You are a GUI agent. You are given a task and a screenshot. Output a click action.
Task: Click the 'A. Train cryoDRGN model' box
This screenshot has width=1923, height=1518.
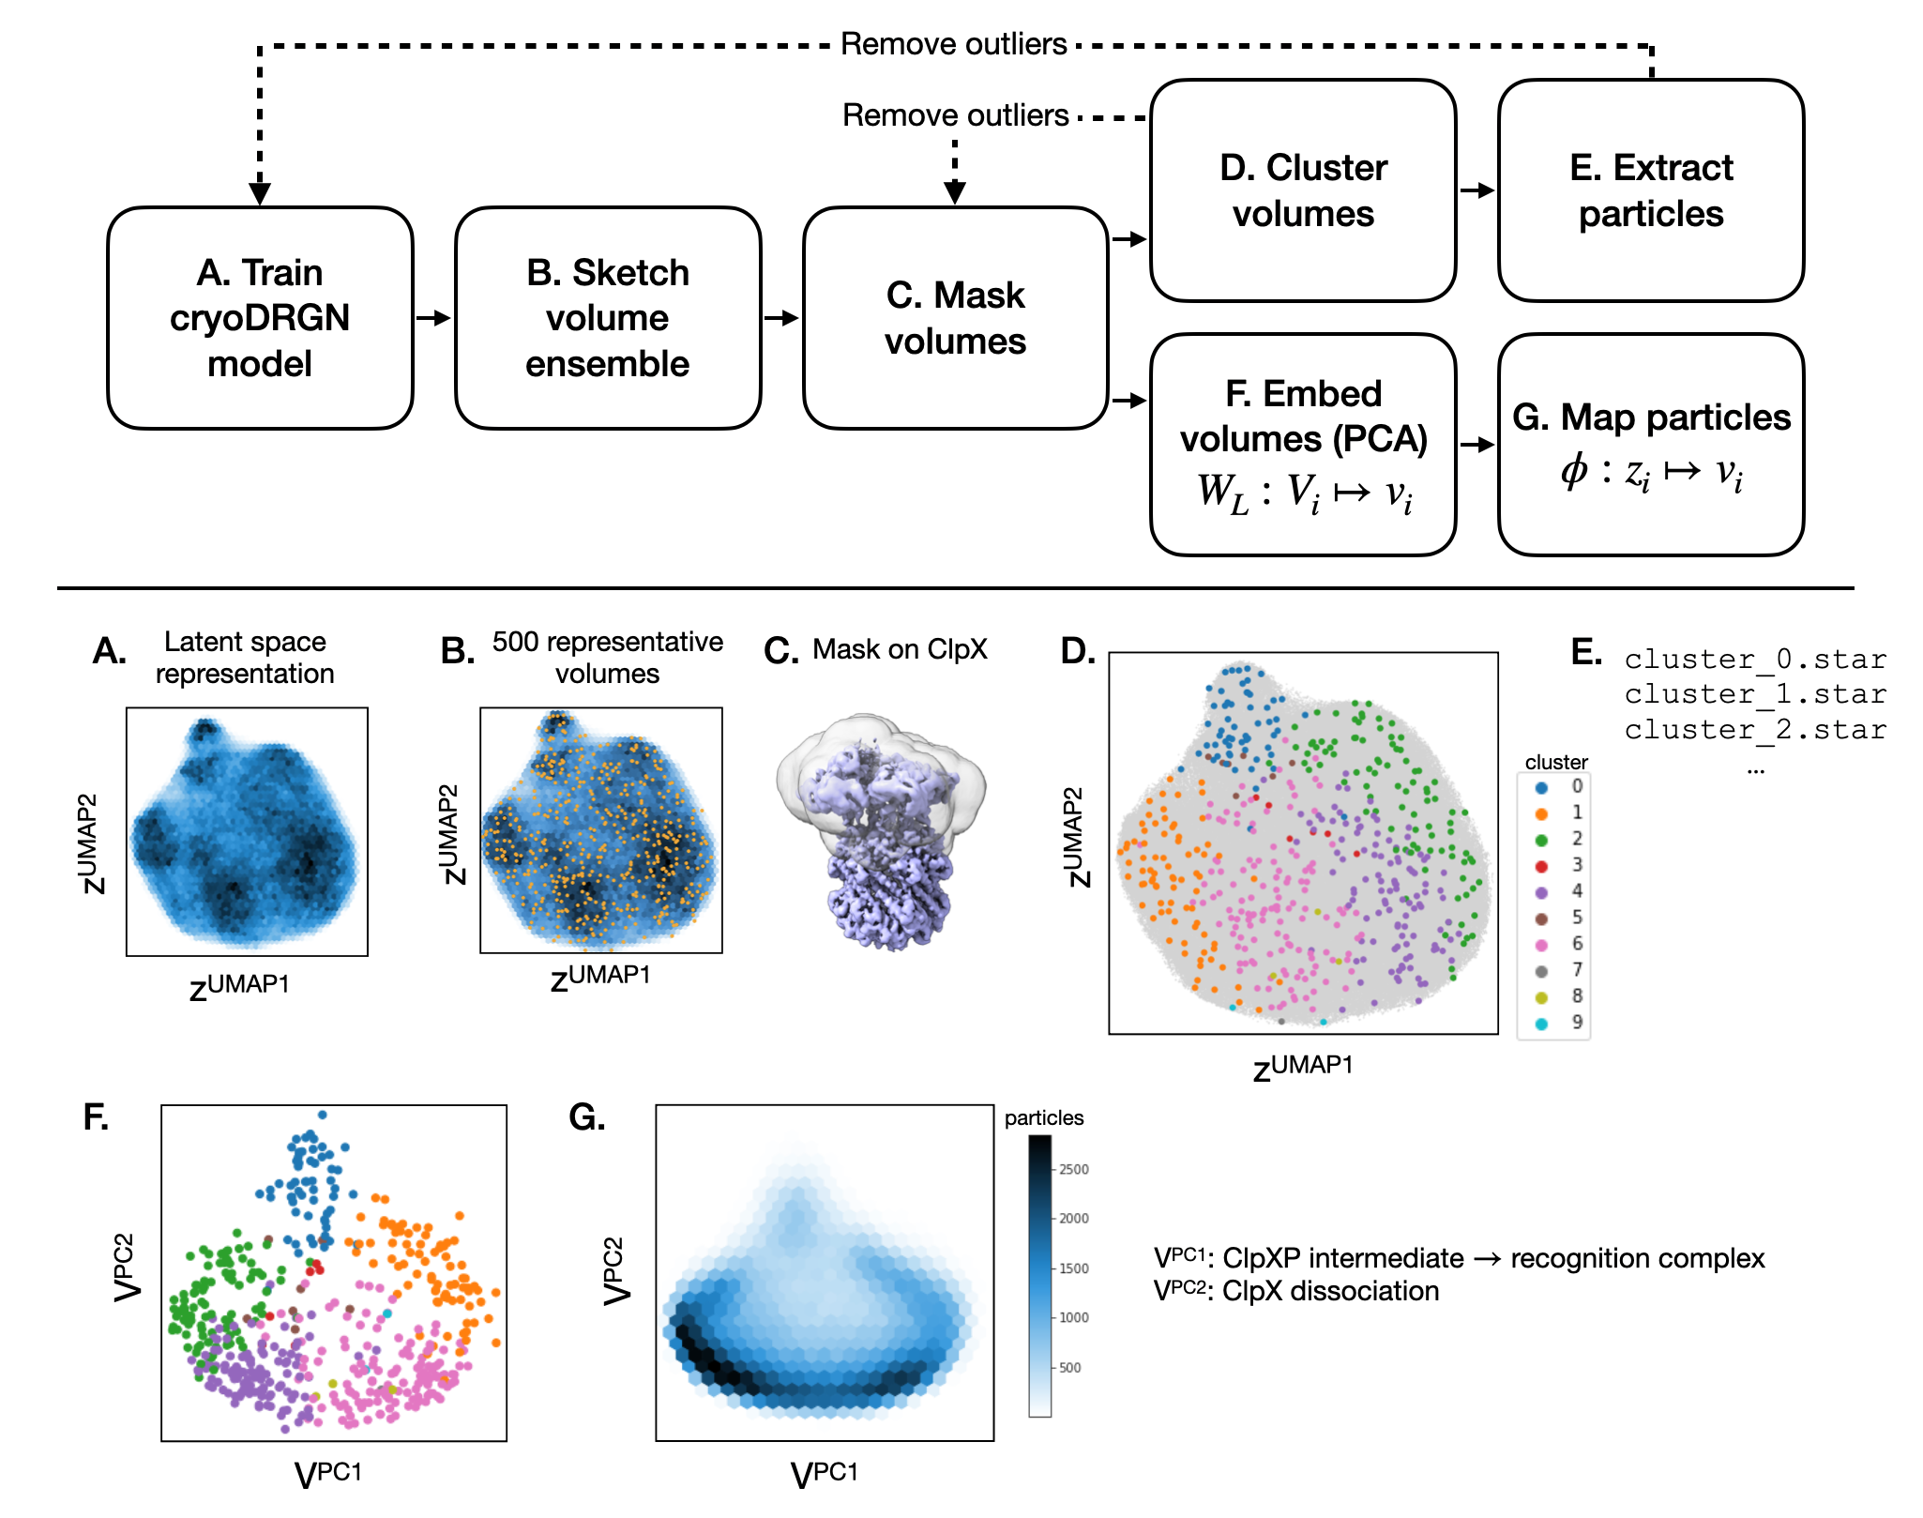260,318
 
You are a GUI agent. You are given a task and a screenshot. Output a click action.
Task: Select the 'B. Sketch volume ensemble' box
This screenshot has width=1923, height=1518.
607,318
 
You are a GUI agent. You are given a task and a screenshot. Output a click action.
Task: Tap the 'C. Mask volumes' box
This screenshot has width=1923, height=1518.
955,318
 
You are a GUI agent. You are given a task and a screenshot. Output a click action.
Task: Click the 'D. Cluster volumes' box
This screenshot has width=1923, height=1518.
1302,190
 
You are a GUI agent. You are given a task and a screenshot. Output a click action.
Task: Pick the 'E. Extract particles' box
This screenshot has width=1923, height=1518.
1650,190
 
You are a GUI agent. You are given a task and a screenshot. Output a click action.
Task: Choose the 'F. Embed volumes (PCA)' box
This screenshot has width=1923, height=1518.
1302,445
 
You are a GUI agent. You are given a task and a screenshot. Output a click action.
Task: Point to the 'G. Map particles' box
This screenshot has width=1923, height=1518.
1650,445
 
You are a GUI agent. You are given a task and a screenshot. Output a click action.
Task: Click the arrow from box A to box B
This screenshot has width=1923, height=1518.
433,318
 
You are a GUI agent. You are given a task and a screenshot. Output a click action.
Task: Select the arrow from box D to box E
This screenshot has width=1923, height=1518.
1476,190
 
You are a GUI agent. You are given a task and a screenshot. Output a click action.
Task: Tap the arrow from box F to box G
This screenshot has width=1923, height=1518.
1476,445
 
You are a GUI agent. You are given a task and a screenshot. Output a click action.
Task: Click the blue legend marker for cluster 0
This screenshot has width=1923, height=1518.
1541,787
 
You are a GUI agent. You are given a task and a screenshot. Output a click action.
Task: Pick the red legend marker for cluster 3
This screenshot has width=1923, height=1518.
1541,866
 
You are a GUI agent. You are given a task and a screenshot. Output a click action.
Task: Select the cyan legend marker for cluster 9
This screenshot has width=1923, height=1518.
1541,1024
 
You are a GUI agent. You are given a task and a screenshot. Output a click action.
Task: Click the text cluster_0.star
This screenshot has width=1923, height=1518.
1754,660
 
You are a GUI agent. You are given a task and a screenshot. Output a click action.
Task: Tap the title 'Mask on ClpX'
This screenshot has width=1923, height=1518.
900,649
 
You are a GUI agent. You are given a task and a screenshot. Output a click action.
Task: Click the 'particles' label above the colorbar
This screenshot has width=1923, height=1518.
1043,1118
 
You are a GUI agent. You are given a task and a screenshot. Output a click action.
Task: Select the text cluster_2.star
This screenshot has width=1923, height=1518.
1754,730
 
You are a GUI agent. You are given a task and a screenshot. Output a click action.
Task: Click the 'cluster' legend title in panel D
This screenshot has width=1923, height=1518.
1556,762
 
